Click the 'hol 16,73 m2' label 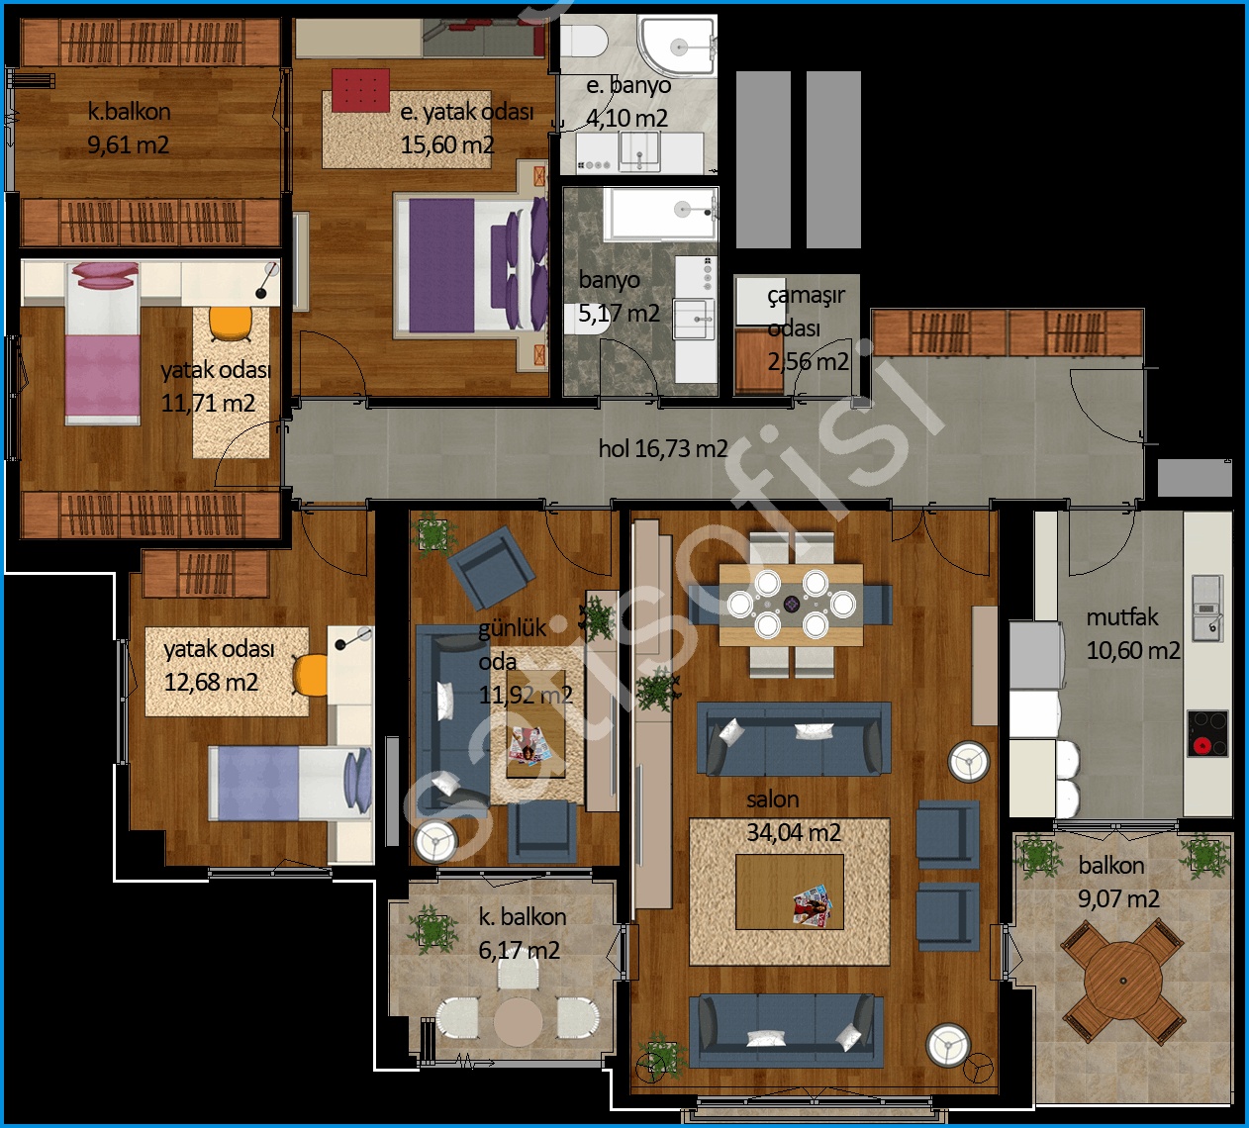pos(663,449)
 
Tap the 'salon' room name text pos(773,799)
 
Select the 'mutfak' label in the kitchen pos(1122,616)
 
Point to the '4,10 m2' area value pos(627,118)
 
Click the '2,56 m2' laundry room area pos(809,362)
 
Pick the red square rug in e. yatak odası pos(360,90)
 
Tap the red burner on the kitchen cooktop pos(1201,745)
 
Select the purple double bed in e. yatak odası pos(471,266)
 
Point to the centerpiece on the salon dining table pos(792,604)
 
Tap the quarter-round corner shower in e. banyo pos(679,46)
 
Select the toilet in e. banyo pos(583,41)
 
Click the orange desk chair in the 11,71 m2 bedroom pos(231,324)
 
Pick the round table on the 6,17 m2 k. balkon pos(518,1022)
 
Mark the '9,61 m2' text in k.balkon pos(129,145)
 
